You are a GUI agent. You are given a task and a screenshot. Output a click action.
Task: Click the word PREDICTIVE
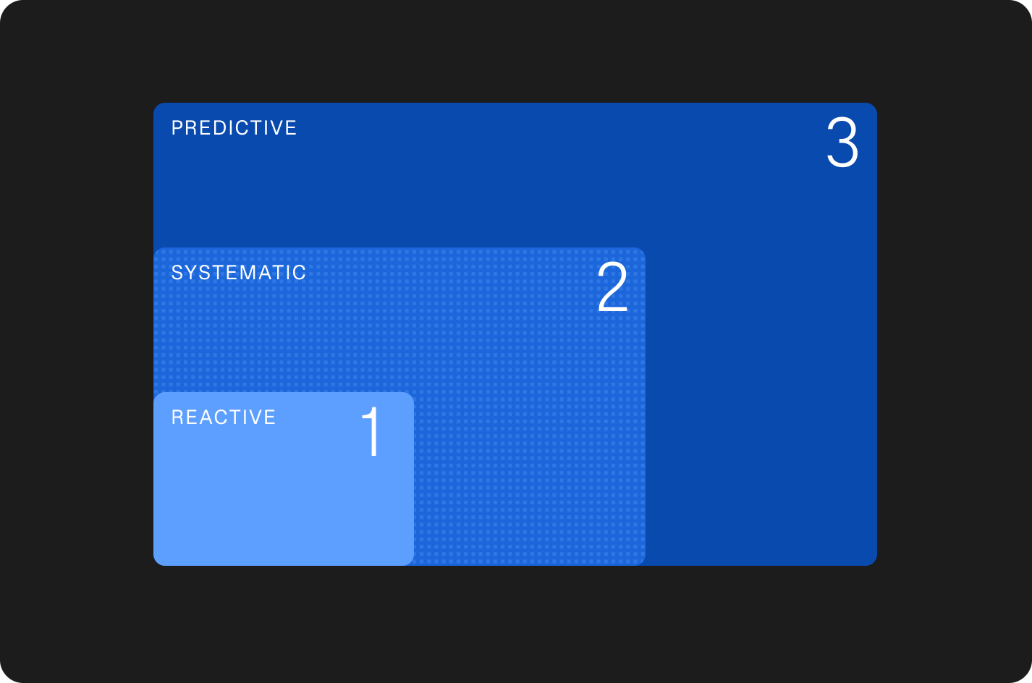(234, 128)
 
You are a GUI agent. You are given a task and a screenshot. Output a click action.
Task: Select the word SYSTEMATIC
(238, 273)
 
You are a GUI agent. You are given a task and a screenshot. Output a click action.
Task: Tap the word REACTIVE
(224, 417)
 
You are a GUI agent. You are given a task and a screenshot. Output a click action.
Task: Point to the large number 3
(842, 143)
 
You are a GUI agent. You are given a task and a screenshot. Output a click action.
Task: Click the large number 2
(612, 287)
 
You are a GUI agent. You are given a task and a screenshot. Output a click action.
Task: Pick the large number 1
(371, 431)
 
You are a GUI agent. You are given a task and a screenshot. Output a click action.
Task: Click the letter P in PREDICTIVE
(177, 128)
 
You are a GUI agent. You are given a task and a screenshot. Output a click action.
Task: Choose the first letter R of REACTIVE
(177, 417)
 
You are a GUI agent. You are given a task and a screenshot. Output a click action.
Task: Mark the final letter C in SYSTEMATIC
(299, 273)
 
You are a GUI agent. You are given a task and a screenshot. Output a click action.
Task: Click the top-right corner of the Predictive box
(876, 103)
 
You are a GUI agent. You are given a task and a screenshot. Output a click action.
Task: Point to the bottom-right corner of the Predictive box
(876, 565)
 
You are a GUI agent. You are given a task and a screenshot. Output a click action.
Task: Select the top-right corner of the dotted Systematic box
(645, 247)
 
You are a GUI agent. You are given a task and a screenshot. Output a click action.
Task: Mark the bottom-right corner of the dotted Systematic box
(645, 565)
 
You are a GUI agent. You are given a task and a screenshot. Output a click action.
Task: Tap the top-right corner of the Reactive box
(413, 392)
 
